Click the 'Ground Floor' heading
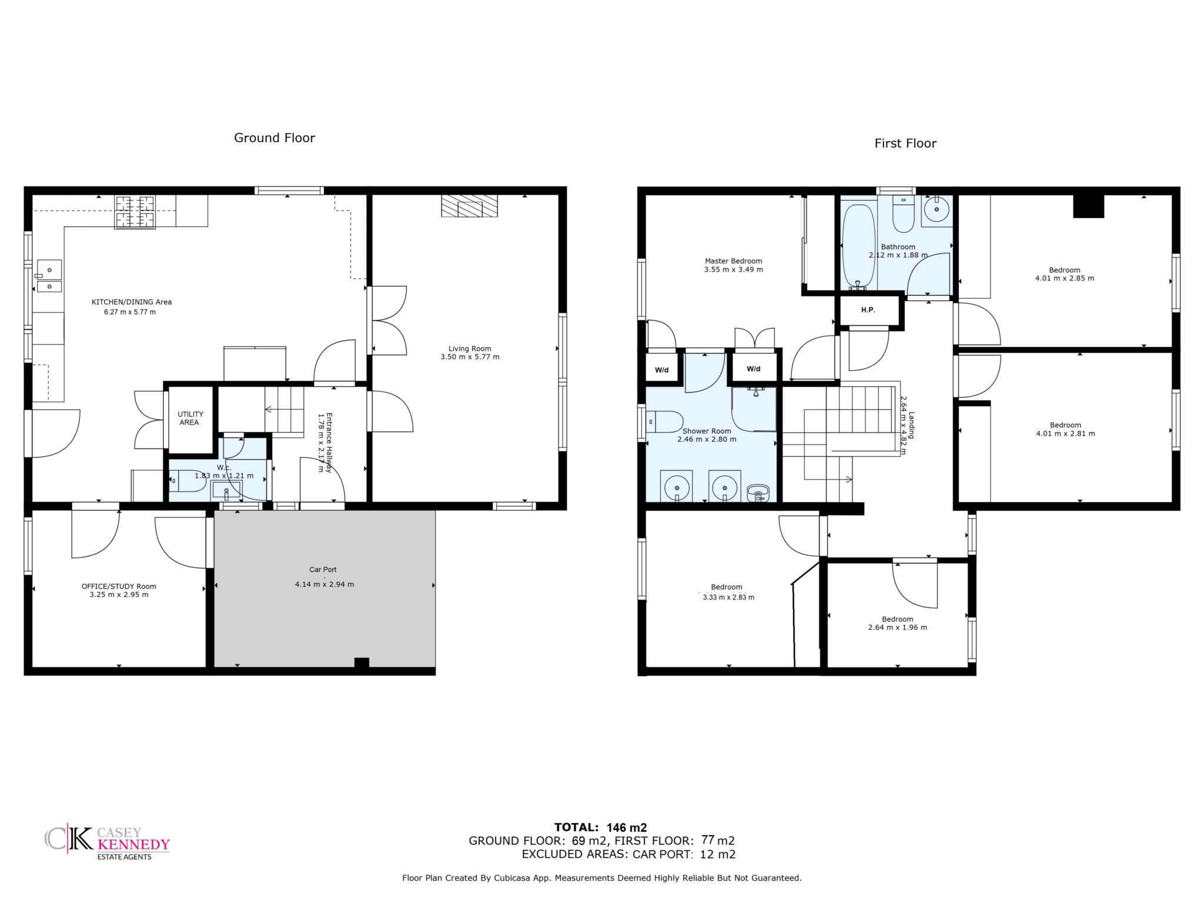tap(275, 138)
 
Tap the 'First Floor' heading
tap(905, 143)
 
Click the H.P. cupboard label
tap(868, 310)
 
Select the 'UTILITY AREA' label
tap(189, 418)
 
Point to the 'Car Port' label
tap(323, 570)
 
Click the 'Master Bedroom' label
tap(734, 261)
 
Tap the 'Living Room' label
tap(470, 349)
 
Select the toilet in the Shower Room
tap(664, 422)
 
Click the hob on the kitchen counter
tap(135, 212)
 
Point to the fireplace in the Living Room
tap(470, 206)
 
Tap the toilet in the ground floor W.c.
tap(188, 481)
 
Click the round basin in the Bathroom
tap(936, 209)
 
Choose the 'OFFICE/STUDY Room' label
tap(119, 586)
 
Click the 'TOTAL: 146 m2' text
tap(601, 828)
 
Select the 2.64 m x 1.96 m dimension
tap(898, 627)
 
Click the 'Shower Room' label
tap(707, 431)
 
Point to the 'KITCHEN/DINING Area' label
tap(132, 302)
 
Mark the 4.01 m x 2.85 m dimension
tap(1065, 279)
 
